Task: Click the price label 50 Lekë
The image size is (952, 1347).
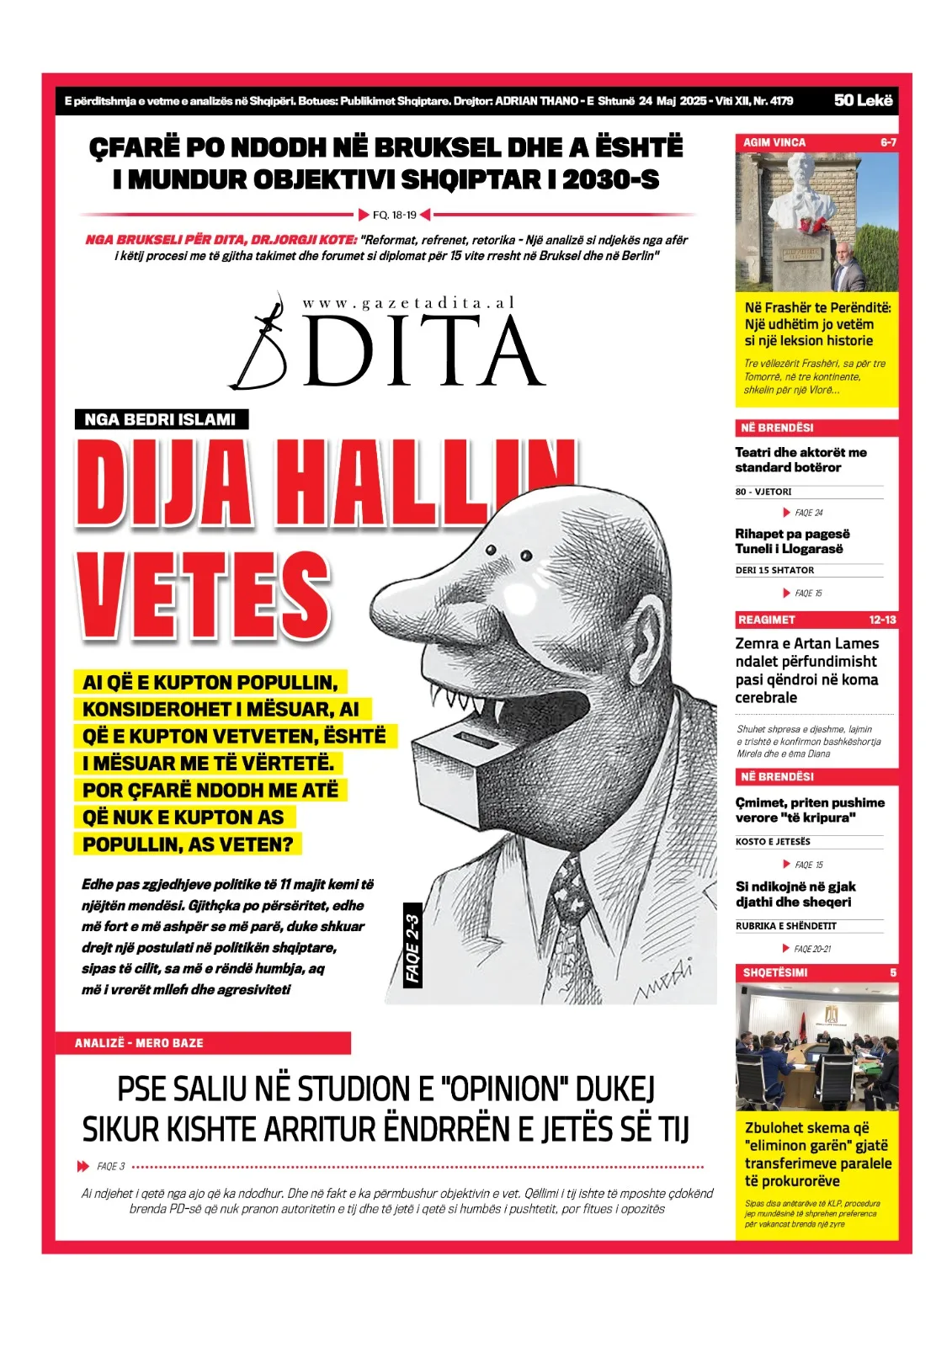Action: click(863, 100)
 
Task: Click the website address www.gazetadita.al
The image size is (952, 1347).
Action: click(408, 303)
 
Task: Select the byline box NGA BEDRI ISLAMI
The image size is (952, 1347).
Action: click(160, 419)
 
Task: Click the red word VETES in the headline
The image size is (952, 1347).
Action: click(204, 594)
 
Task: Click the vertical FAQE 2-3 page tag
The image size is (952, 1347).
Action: click(412, 949)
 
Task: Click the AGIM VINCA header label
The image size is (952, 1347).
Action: click(774, 142)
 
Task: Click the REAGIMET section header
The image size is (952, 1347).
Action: click(767, 620)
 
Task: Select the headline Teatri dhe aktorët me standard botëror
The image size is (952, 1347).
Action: click(800, 460)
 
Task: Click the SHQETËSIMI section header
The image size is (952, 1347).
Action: click(775, 972)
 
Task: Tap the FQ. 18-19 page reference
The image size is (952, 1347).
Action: click(395, 215)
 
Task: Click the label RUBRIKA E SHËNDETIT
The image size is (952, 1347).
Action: click(786, 926)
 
